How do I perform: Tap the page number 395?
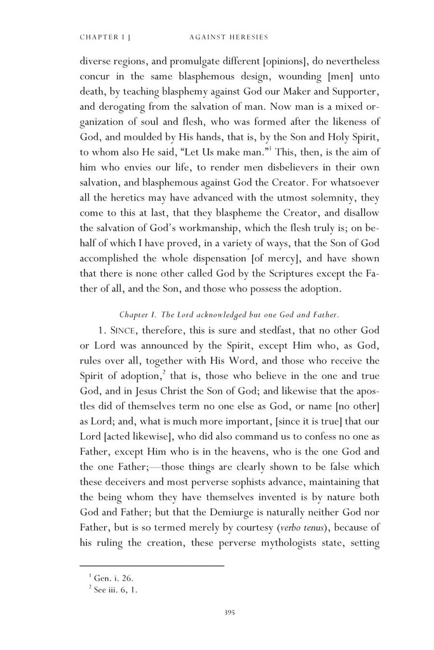tap(231, 612)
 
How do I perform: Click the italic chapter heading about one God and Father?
tap(229, 313)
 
